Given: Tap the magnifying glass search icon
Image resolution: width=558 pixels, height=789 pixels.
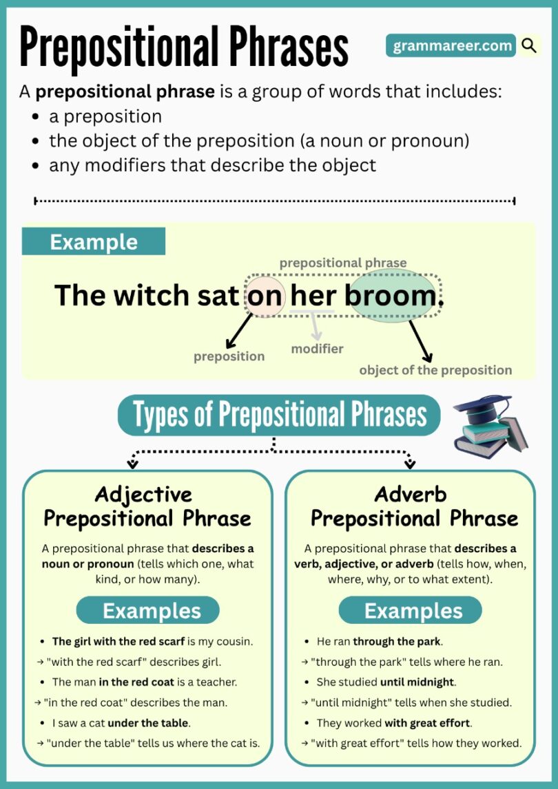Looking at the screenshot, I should tap(529, 46).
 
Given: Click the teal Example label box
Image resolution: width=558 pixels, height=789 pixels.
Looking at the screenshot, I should tap(94, 242).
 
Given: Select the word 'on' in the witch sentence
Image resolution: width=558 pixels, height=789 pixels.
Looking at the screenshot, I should tap(265, 296).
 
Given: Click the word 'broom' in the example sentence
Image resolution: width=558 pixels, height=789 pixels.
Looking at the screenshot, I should tap(391, 296).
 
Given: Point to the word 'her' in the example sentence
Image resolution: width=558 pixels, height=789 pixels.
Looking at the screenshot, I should tap(313, 296).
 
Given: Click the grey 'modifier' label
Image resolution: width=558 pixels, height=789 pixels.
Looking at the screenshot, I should tap(317, 349).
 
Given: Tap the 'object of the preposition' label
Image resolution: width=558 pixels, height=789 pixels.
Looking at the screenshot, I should tap(435, 370).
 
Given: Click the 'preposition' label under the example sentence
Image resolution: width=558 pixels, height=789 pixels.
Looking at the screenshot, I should tap(229, 356).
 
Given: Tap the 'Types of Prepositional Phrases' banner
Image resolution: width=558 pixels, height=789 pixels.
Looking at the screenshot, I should tap(279, 415).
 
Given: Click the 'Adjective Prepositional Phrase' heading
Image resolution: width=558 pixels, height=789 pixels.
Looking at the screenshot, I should tap(147, 506).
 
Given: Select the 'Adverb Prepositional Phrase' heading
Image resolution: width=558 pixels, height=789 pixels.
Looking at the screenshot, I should tap(411, 506).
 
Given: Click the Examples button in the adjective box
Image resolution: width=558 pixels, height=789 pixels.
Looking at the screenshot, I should tap(147, 610).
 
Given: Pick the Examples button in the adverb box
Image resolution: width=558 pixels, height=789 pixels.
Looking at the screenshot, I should tap(411, 610).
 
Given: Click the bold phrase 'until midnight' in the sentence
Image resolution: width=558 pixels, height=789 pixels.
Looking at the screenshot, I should tap(417, 682).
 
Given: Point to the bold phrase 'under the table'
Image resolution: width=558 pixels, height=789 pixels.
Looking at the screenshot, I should tap(149, 723).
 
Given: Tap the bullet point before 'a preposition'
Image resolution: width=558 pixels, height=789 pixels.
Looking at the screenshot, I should tap(35, 117).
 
